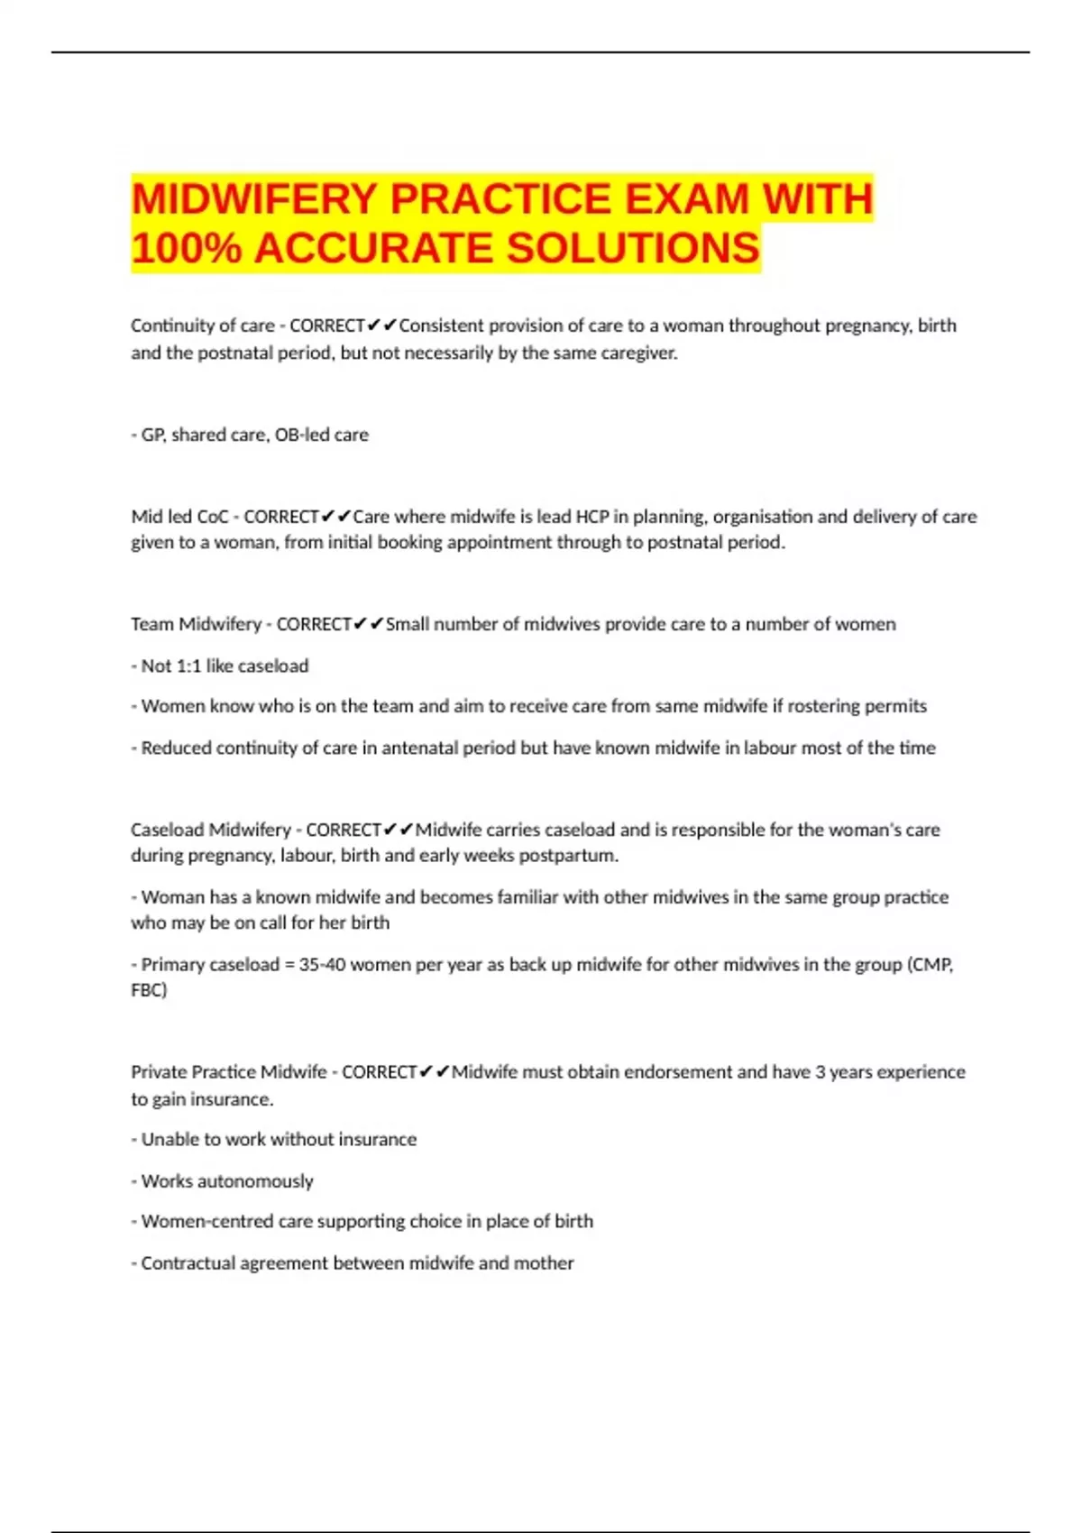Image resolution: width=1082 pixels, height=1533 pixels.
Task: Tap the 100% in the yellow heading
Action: (186, 248)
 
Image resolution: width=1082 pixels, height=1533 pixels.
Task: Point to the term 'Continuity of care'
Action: (202, 326)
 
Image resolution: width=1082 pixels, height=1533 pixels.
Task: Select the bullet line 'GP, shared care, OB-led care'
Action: (253, 435)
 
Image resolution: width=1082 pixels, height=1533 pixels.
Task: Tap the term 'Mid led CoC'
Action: (179, 517)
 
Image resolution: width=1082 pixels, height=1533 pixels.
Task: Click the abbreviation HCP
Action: (592, 517)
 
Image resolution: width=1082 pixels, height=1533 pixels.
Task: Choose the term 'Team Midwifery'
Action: (196, 624)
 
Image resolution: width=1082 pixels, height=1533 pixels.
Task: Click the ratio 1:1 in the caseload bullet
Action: (188, 666)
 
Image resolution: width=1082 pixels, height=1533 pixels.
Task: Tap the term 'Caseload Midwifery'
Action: (211, 830)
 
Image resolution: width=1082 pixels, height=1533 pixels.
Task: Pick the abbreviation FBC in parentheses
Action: (147, 990)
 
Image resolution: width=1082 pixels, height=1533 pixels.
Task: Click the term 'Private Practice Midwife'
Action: (229, 1072)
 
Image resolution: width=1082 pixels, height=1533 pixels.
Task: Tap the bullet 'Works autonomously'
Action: (226, 1181)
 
